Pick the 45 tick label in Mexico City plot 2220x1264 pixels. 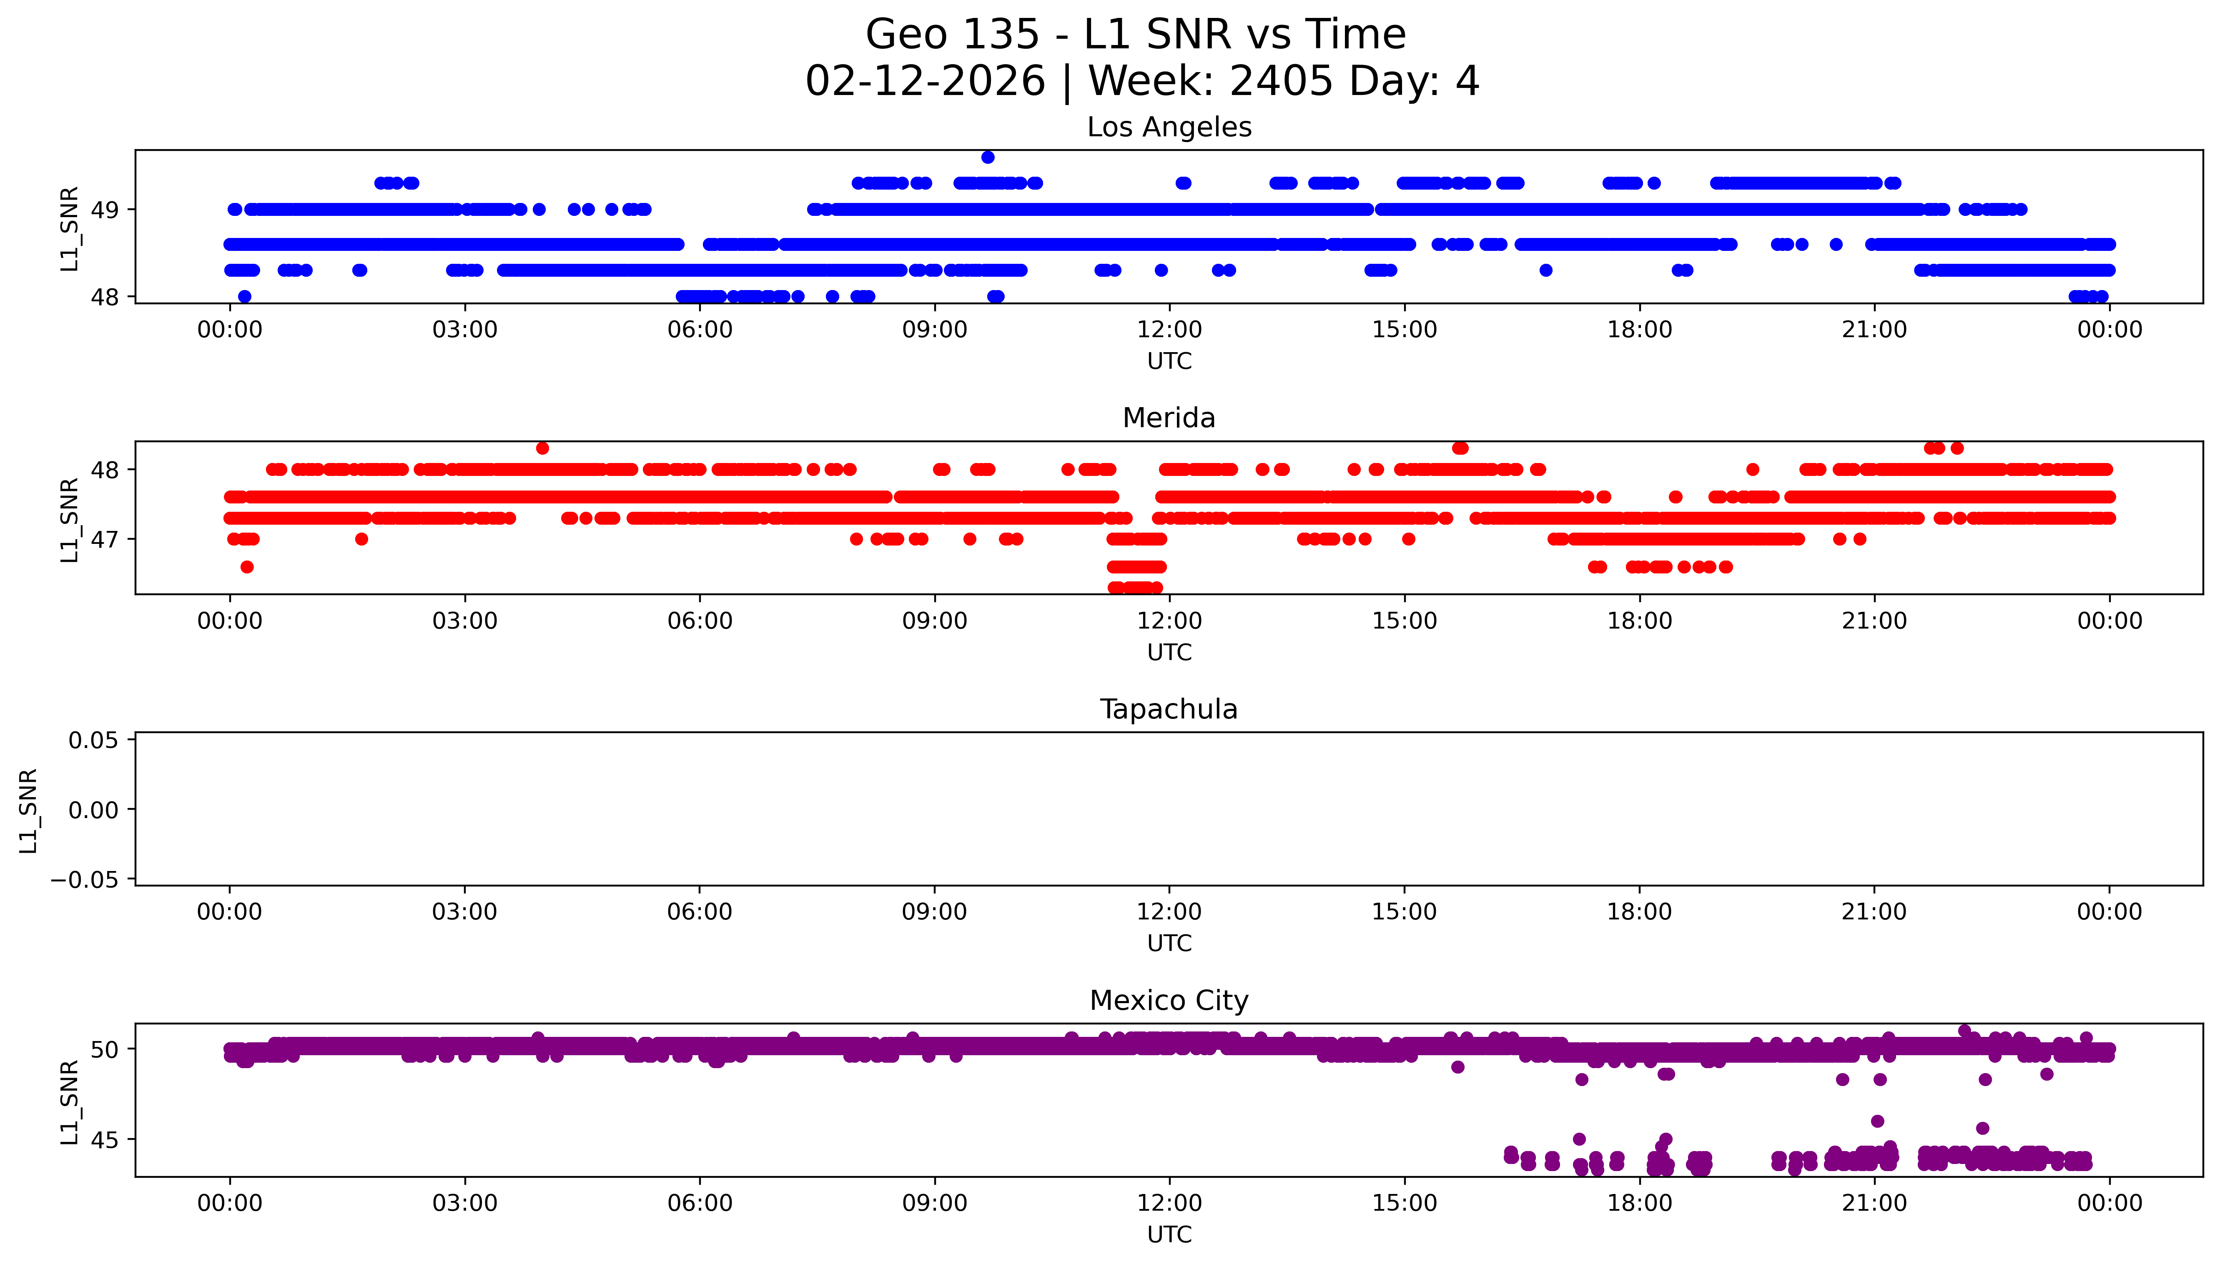pyautogui.click(x=105, y=1140)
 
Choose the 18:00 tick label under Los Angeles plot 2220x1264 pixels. pyautogui.click(x=1639, y=330)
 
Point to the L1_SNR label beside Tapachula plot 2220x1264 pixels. pyautogui.click(x=29, y=810)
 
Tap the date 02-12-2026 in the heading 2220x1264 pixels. pyautogui.click(x=925, y=82)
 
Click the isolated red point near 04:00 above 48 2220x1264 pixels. pyautogui.click(x=543, y=448)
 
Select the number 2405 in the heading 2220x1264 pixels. pyautogui.click(x=1281, y=82)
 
